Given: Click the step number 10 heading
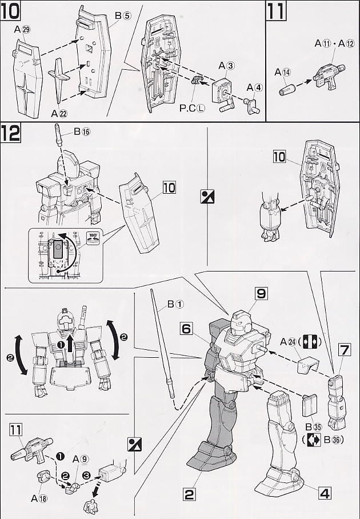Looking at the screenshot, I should coord(11,11).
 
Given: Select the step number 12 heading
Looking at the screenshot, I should coord(11,133).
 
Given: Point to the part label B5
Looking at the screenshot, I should coord(122,17).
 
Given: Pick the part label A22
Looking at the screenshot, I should coord(58,112).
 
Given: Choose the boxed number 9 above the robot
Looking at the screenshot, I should coord(261,294).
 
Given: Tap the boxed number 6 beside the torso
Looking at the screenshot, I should coord(187,329).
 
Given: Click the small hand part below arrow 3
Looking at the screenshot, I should coord(90,507).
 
